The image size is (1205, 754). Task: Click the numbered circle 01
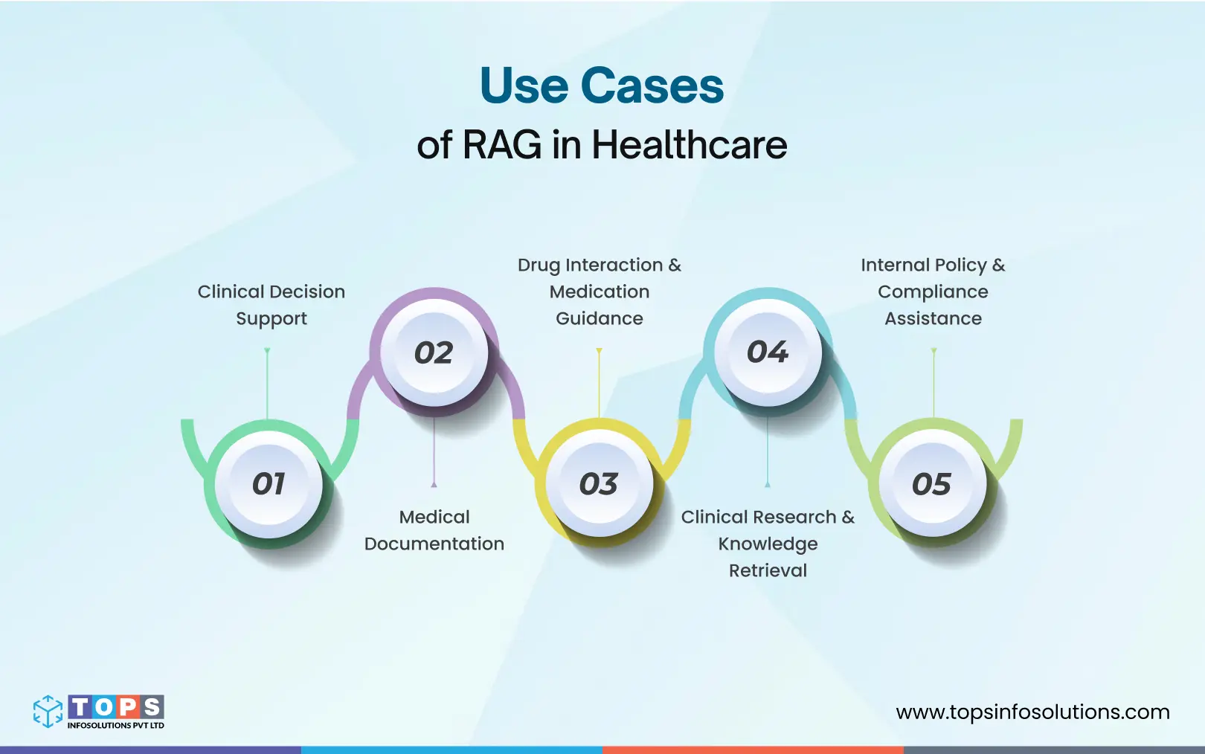pos(269,484)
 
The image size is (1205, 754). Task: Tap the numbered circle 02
pos(434,352)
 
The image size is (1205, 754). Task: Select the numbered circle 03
pos(599,484)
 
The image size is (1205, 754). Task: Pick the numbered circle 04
pos(768,352)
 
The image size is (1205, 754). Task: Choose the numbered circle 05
pos(932,484)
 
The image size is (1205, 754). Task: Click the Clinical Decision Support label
pos(271,305)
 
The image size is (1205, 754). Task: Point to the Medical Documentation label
pos(434,530)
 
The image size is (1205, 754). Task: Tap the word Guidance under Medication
pos(600,318)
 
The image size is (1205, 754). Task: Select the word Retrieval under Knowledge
pos(768,570)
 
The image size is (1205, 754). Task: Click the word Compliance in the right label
pos(933,291)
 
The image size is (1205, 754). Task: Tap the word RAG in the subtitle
pos(502,144)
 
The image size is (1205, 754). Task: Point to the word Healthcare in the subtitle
pos(690,144)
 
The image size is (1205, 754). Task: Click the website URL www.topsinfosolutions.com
pos(1032,712)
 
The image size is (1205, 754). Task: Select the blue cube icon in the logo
pos(48,711)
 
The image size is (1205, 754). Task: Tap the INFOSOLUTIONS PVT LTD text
pos(116,726)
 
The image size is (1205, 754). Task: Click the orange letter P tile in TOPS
pos(129,706)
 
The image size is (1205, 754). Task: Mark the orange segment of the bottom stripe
pos(753,750)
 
